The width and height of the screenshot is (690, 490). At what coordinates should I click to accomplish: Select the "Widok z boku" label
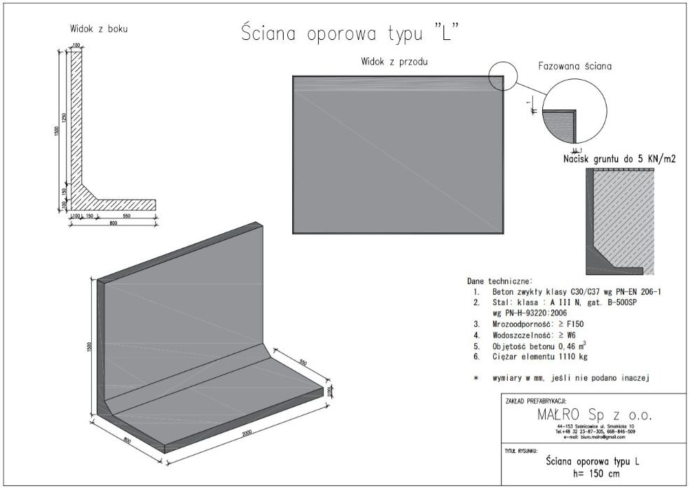pyautogui.click(x=98, y=29)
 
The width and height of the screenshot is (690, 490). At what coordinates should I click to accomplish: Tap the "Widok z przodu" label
pyautogui.click(x=394, y=62)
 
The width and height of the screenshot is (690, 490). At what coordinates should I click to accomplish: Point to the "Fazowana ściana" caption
pyautogui.click(x=575, y=67)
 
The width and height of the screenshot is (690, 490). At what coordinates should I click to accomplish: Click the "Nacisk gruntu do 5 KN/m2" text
pyautogui.click(x=619, y=160)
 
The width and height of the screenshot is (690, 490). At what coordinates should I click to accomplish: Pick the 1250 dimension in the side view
pyautogui.click(x=64, y=119)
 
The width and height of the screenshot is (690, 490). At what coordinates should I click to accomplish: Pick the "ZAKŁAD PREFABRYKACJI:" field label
pyautogui.click(x=534, y=401)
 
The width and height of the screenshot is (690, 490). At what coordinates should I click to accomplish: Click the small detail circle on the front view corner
pyautogui.click(x=503, y=76)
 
